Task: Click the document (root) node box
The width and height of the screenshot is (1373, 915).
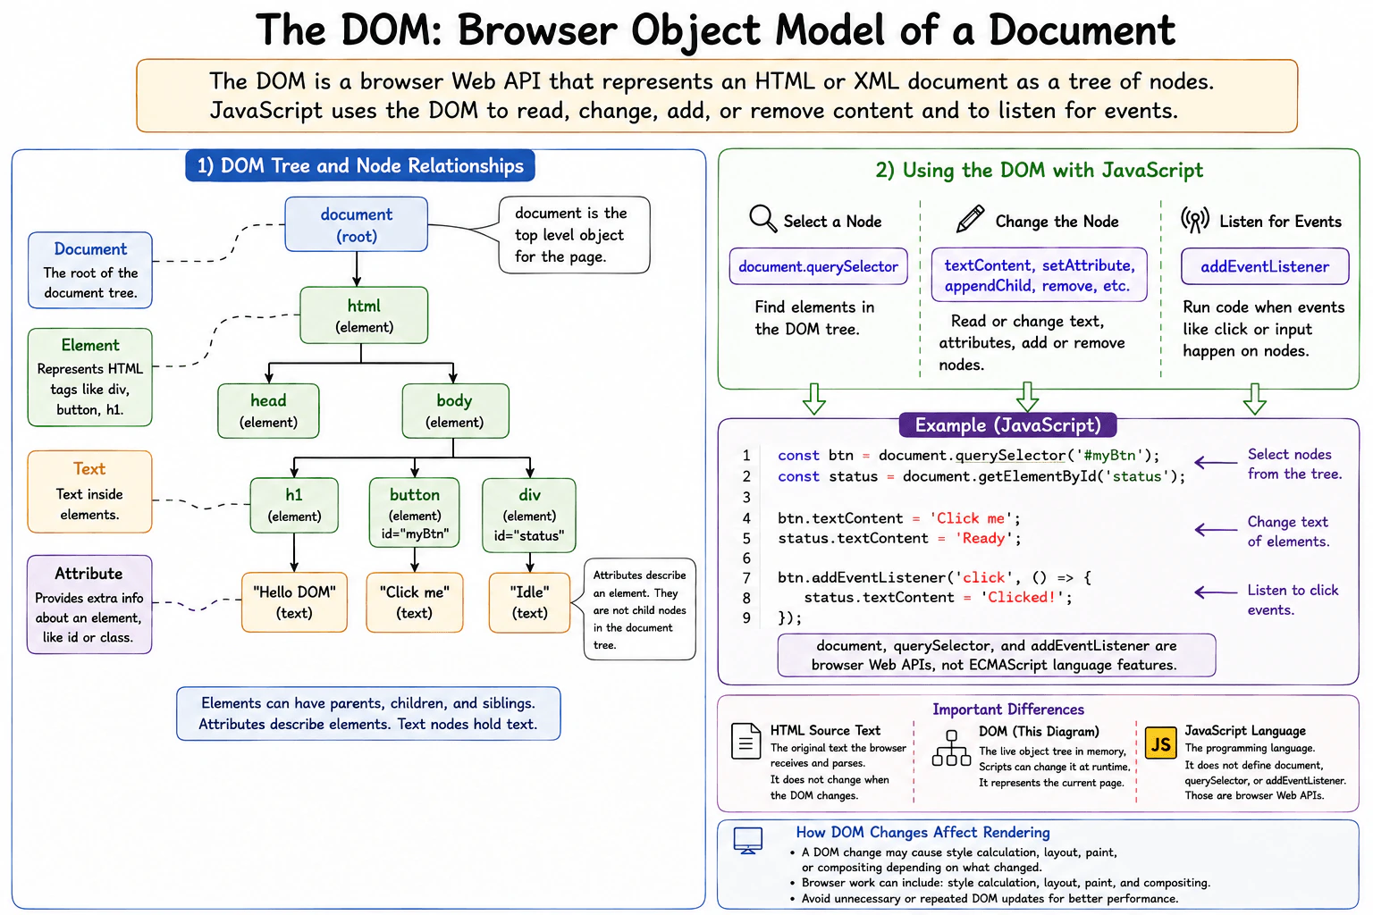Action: [x=356, y=224]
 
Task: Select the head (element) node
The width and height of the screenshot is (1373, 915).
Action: [x=268, y=411]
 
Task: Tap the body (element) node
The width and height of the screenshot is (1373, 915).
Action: [x=455, y=411]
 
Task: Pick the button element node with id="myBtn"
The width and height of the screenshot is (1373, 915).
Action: [x=415, y=512]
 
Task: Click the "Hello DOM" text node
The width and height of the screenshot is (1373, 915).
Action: [x=294, y=602]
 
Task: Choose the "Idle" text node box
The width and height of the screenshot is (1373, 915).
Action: [x=529, y=602]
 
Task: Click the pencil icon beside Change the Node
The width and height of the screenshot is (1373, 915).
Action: [x=970, y=219]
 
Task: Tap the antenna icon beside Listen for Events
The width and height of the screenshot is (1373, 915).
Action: [x=1194, y=220]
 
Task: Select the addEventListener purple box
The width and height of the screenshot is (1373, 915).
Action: [x=1265, y=266]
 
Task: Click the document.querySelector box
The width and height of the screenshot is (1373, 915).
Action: [x=818, y=266]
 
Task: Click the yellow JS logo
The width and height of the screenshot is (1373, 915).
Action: [x=1161, y=743]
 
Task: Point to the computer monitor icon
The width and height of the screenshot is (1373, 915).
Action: [x=748, y=840]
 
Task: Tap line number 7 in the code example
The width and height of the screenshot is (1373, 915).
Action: [x=746, y=578]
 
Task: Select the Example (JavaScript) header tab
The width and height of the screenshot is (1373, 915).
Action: [x=1007, y=424]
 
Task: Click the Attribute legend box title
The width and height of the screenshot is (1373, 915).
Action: [x=88, y=574]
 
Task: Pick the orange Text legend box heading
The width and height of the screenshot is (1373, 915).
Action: [x=89, y=469]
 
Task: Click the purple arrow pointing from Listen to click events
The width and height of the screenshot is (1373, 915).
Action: [x=1216, y=592]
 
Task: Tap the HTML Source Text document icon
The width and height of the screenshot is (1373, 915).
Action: [x=746, y=742]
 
